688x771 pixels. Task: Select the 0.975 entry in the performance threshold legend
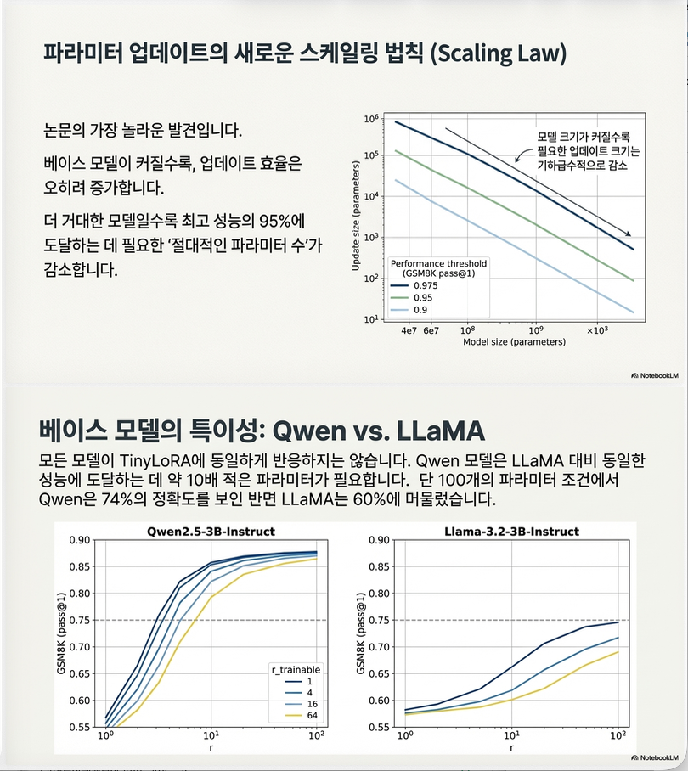426,285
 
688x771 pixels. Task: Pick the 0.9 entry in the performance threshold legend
420,309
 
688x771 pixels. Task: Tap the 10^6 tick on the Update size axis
370,119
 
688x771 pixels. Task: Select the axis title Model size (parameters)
513,343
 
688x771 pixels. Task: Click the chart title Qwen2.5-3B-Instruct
210,532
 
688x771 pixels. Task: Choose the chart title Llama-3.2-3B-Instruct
510,532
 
